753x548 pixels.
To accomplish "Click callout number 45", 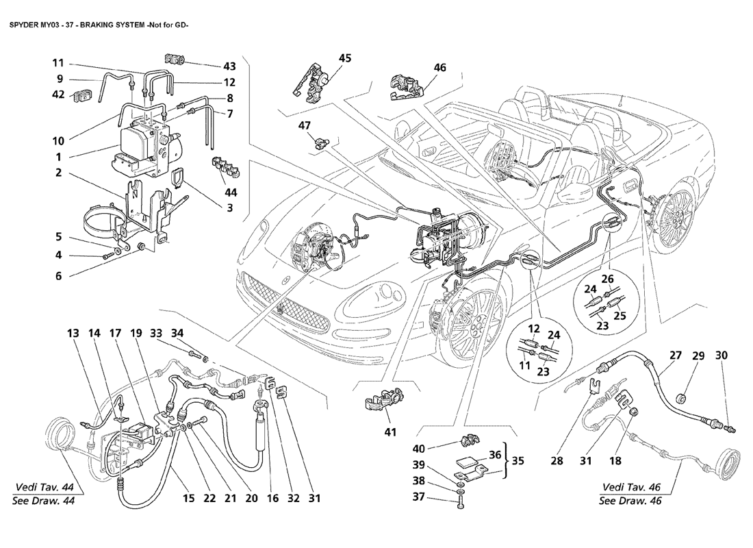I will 345,58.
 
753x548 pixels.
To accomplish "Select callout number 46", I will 439,68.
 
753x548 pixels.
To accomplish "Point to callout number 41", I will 372,432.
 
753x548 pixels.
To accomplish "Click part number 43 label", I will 229,66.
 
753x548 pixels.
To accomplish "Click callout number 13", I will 73,334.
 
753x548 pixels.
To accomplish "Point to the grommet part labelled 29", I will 682,397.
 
